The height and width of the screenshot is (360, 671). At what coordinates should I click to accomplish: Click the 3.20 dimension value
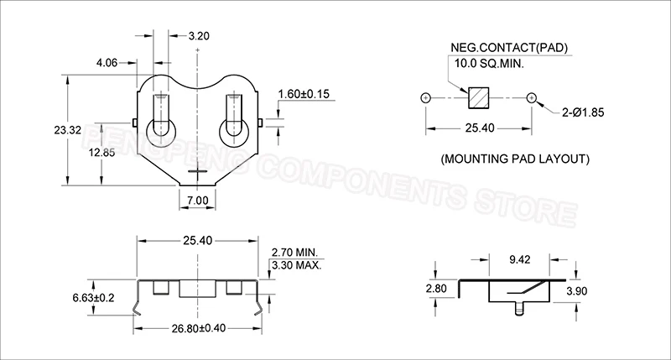(x=200, y=36)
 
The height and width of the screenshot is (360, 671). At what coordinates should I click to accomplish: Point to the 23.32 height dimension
(x=36, y=131)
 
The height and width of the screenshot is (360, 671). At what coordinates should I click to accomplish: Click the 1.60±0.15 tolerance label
(x=304, y=93)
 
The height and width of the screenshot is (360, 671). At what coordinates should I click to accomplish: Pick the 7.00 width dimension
(x=198, y=200)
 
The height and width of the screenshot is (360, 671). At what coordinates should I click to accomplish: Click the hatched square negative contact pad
(x=479, y=98)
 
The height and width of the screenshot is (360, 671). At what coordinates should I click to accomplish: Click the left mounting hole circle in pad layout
(x=426, y=98)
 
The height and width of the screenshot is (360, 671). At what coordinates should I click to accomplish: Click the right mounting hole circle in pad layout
(x=532, y=98)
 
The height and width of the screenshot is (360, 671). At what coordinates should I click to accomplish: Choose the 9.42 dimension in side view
(x=520, y=260)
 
